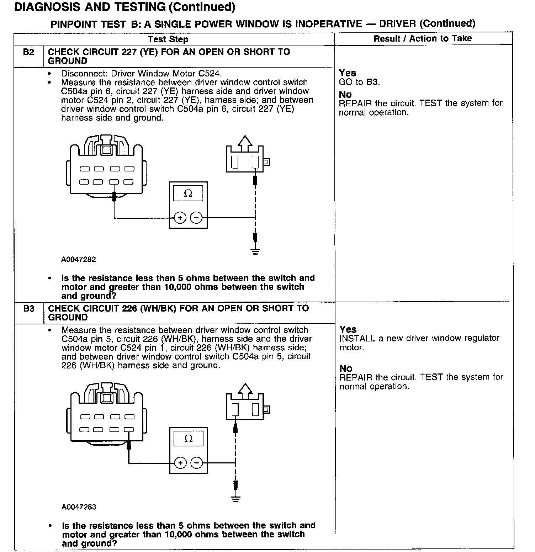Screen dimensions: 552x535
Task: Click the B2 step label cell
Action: tap(28, 52)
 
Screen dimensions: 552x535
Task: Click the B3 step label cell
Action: tap(29, 308)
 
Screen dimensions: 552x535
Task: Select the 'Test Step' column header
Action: tap(168, 39)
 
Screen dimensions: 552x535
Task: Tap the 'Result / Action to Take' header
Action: tap(423, 38)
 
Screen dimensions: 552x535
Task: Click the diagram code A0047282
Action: tap(79, 260)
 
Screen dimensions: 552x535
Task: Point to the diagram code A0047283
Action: tap(79, 507)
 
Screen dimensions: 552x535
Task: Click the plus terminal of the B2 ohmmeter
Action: tap(180, 217)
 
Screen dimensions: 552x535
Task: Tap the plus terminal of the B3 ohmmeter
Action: tap(180, 463)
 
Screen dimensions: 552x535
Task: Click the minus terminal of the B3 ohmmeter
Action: tap(196, 463)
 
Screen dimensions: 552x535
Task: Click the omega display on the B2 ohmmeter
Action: tap(188, 193)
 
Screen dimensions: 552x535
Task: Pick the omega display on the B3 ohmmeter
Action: tap(188, 439)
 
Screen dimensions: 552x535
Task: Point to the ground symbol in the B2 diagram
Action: tap(255, 251)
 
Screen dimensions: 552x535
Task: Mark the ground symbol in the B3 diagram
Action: tap(235, 498)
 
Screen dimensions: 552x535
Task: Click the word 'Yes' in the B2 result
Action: tap(347, 73)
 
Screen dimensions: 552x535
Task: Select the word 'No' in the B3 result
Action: tap(346, 368)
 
